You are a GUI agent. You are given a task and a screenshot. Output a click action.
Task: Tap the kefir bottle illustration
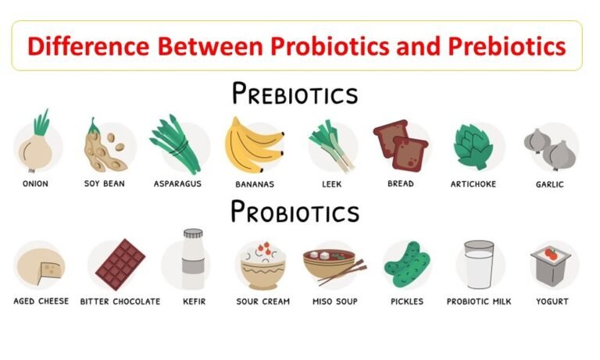pyautogui.click(x=193, y=261)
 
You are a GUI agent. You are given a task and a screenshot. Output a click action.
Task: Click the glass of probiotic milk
pyautogui.click(x=479, y=266)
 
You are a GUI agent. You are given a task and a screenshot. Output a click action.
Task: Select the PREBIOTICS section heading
pyautogui.click(x=295, y=94)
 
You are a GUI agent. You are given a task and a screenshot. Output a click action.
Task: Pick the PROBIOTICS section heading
pyautogui.click(x=295, y=212)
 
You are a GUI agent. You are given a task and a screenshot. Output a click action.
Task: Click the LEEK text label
pyautogui.click(x=330, y=184)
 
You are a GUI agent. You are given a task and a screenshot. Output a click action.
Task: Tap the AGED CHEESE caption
pyautogui.click(x=41, y=301)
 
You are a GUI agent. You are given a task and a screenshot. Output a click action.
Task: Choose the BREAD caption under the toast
pyautogui.click(x=400, y=184)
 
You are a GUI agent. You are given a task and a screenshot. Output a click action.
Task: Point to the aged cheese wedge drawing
pyautogui.click(x=39, y=266)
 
